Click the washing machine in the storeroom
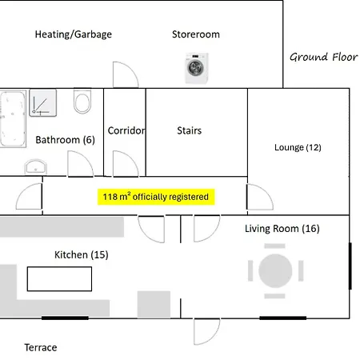[x=197, y=68]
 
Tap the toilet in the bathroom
[x=82, y=101]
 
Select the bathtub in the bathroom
[x=13, y=118]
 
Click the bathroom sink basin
[x=36, y=166]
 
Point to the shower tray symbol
[x=43, y=103]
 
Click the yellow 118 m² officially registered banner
[x=156, y=197]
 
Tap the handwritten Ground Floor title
[x=324, y=57]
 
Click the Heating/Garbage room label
[x=74, y=34]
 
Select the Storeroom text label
[x=196, y=34]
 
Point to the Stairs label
[x=190, y=130]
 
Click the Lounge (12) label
[x=298, y=147]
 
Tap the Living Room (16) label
[x=282, y=229]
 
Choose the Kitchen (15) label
[x=82, y=255]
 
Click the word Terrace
[x=41, y=348]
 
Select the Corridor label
[x=126, y=130]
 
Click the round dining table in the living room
[x=275, y=270]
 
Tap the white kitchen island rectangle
[x=59, y=279]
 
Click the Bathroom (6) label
[x=65, y=140]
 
